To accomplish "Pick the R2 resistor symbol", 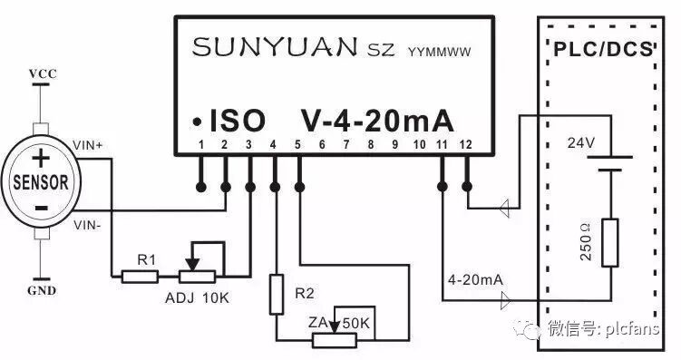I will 277,295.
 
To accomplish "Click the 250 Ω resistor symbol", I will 609,243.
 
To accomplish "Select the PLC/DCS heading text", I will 603,50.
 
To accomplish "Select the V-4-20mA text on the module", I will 376,121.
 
